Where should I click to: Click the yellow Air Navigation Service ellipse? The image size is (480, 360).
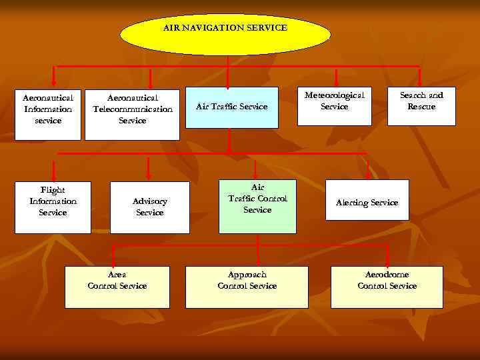(225, 35)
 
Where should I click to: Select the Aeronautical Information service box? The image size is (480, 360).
(48, 113)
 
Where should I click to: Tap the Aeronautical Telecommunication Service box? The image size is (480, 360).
(132, 114)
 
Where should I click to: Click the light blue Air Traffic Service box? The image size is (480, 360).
(231, 107)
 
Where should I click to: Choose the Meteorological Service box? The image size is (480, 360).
(335, 106)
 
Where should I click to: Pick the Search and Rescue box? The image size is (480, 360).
(422, 106)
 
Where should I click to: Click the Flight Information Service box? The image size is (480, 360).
(53, 207)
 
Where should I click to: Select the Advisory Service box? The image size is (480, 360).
(150, 207)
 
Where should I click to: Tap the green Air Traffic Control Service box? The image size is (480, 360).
(257, 206)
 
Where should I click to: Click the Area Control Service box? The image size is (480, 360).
(117, 287)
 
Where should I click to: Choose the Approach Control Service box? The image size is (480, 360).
(247, 287)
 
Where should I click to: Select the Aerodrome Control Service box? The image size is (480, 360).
(387, 287)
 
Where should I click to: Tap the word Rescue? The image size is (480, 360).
(422, 107)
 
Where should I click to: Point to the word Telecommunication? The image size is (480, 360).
(133, 109)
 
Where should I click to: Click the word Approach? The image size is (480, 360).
(247, 275)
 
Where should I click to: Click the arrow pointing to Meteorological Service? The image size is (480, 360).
(336, 77)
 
